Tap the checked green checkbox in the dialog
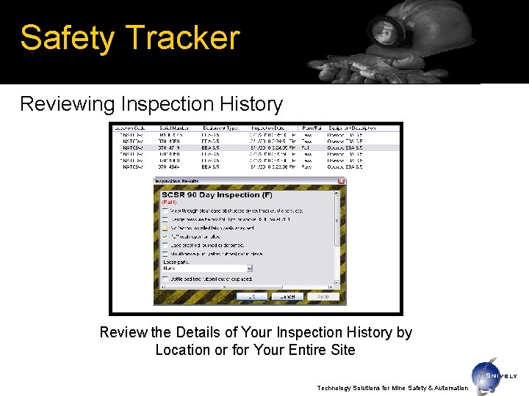(165, 237)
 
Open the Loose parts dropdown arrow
(250, 268)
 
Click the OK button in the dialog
(251, 296)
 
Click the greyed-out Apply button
(323, 296)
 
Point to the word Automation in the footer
(447, 388)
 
